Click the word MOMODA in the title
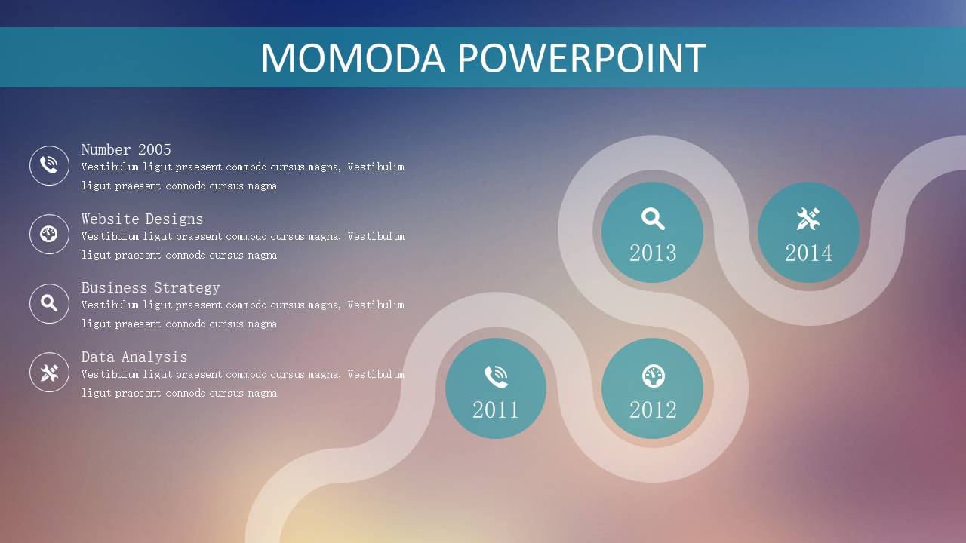point(352,58)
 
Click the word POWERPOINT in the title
point(582,58)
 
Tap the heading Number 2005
point(126,149)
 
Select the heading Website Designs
point(143,219)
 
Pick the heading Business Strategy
point(150,287)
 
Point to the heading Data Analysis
point(134,357)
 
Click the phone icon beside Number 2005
point(49,165)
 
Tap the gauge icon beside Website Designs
point(49,234)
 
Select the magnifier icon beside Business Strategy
point(49,303)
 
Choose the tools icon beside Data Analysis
point(49,373)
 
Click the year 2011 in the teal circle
point(496,410)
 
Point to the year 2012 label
point(653,410)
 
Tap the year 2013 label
point(653,253)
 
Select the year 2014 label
point(809,253)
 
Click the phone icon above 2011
point(496,376)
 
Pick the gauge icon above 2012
point(654,376)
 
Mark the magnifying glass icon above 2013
point(653,219)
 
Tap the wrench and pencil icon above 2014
point(808,219)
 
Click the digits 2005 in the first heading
point(155,149)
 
